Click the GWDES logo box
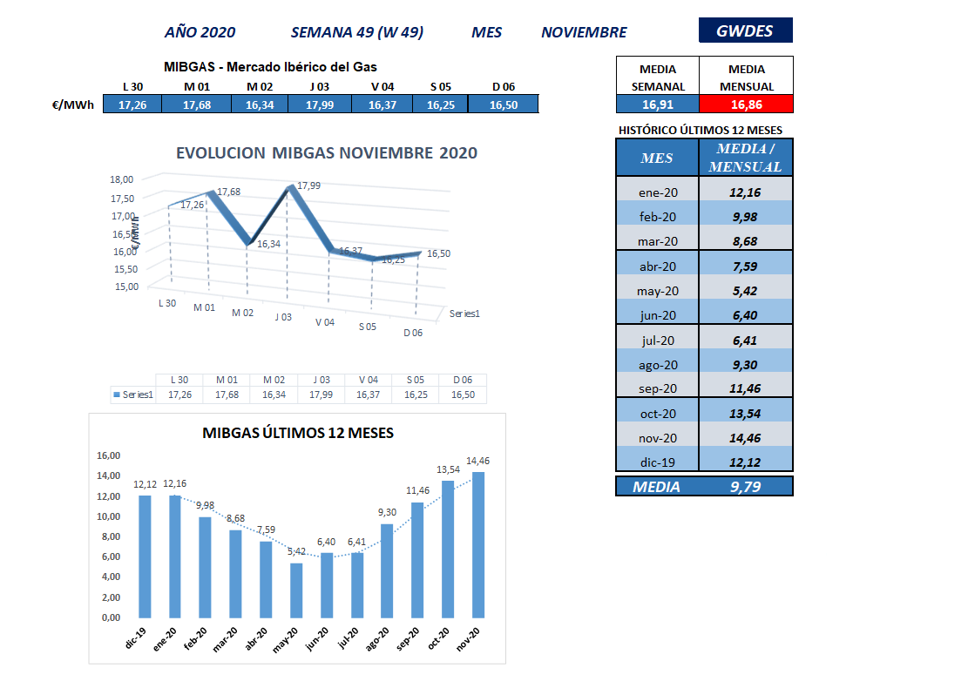pos(745,30)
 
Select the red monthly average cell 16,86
pos(746,105)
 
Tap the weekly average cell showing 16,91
pos(657,105)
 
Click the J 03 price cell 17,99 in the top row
pos(322,105)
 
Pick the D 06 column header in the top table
pos(504,86)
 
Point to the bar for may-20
pos(296,590)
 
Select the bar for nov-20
pos(478,544)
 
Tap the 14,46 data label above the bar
pos(477,461)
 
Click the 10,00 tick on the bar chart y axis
pos(109,516)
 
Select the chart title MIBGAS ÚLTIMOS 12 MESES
pos(298,432)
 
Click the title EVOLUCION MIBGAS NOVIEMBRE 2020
pos(327,153)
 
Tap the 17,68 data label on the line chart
pos(228,192)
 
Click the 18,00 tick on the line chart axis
pos(123,179)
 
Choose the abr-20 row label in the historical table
pos(657,266)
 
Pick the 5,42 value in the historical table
pos(746,291)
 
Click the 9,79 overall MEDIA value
pos(746,487)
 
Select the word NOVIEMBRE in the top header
pos(584,32)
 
